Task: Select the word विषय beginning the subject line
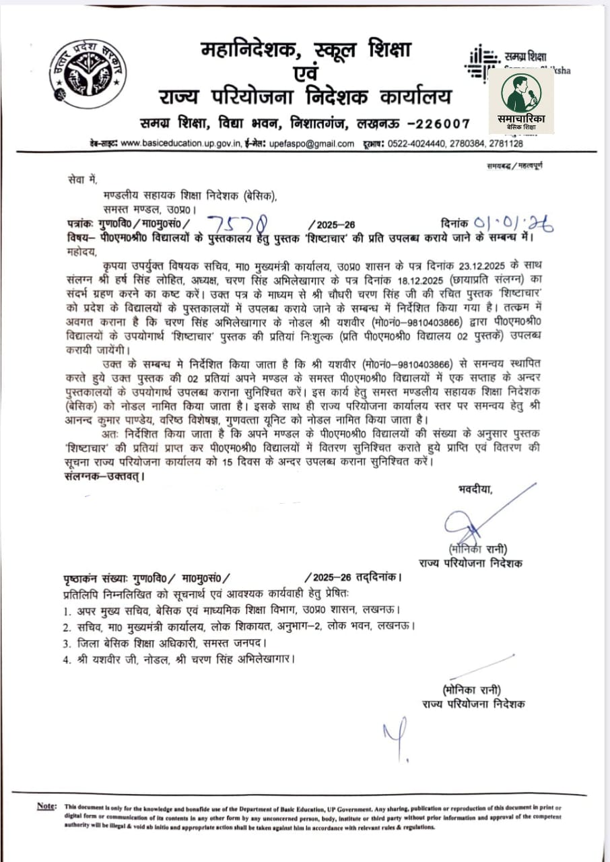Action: tap(79, 238)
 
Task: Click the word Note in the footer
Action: tap(46, 807)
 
